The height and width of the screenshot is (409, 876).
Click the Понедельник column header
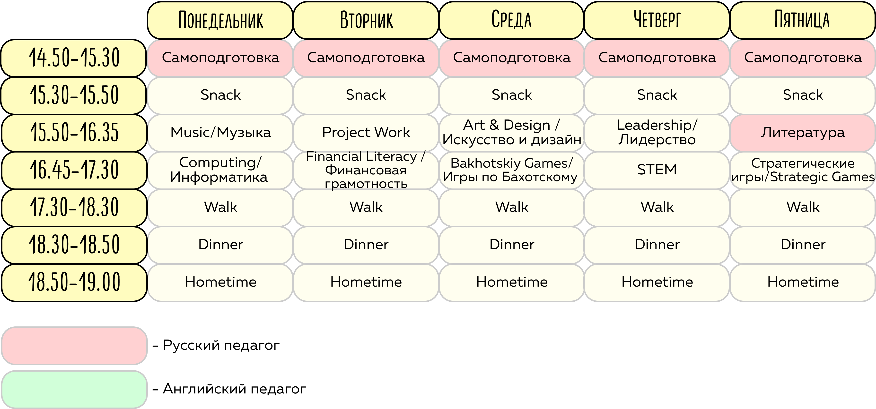click(220, 20)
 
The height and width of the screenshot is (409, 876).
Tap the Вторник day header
click(366, 20)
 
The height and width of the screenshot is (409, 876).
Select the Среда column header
click(511, 20)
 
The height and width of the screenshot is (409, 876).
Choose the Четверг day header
click(657, 20)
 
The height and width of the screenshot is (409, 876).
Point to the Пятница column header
click(803, 20)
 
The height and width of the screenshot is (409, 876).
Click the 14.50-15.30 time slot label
click(74, 58)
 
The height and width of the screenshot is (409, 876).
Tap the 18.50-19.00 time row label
click(74, 282)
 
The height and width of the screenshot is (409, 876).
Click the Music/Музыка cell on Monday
click(220, 132)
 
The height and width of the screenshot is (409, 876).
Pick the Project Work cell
click(366, 132)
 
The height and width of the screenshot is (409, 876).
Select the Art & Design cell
click(511, 132)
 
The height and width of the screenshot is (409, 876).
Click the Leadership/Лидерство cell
click(657, 132)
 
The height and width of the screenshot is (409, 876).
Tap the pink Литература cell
click(803, 132)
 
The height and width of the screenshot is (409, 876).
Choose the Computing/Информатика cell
click(220, 170)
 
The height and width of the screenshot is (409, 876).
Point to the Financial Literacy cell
click(366, 170)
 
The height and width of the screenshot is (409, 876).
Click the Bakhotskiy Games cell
click(511, 170)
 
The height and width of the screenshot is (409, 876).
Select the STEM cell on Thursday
click(657, 170)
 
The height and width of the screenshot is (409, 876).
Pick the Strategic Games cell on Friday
click(803, 170)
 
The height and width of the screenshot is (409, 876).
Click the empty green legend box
click(74, 389)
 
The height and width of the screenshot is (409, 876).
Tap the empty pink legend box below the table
click(74, 346)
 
